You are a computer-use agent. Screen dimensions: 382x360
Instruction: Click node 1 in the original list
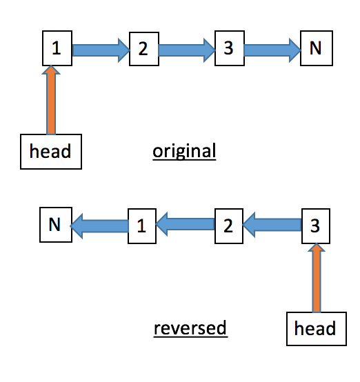tap(56, 49)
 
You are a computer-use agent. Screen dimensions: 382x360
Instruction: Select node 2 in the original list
tap(143, 49)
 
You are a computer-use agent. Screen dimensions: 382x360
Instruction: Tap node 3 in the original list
tap(229, 48)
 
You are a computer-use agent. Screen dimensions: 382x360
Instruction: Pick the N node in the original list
tap(316, 48)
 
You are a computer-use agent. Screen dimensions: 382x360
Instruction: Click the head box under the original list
tap(50, 151)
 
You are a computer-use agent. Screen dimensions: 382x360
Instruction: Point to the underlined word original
tap(184, 150)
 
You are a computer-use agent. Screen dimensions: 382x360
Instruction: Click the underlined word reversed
tap(190, 328)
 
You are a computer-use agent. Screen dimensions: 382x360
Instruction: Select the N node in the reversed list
tap(55, 225)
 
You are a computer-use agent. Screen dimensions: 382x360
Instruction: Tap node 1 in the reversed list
tap(142, 225)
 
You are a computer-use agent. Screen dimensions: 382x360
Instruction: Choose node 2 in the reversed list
tap(229, 225)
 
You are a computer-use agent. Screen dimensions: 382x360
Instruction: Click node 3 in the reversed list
tap(316, 225)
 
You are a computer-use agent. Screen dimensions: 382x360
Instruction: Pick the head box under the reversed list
tap(315, 327)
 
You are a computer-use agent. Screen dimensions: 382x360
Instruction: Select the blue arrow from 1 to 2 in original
tap(101, 49)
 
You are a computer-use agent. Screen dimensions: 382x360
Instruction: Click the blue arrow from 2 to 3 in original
tap(186, 49)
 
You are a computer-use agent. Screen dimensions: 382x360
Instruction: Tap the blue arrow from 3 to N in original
tap(272, 49)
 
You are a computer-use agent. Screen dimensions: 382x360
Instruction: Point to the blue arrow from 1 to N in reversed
tap(99, 225)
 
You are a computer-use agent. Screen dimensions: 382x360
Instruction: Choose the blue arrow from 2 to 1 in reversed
tap(185, 225)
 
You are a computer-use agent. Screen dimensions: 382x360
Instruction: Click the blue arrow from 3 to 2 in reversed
tap(272, 225)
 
